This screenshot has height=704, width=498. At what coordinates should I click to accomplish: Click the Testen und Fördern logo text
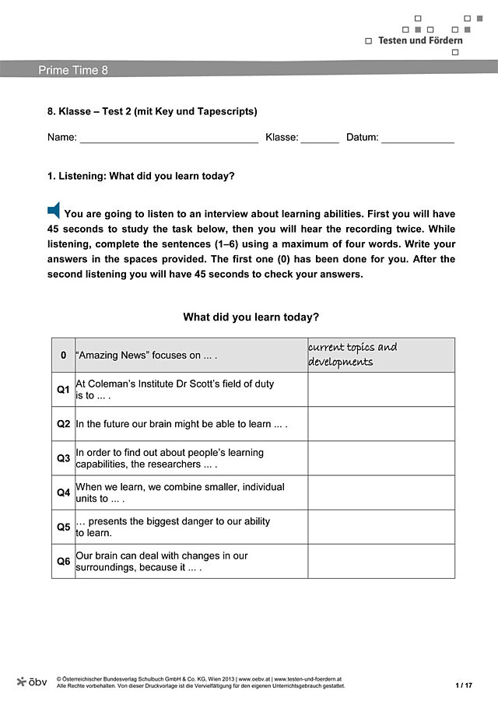pos(420,40)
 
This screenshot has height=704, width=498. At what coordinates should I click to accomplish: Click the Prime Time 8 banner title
pos(73,70)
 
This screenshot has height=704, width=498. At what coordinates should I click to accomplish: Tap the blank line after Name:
pos(169,138)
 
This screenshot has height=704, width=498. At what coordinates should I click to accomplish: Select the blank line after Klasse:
pos(319,138)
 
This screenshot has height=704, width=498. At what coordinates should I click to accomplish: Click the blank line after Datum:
pos(417,138)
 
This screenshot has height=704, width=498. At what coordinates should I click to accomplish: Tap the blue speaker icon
pos(54,209)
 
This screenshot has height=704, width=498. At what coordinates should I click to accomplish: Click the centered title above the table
pos(251,317)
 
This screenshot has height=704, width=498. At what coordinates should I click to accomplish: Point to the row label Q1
pos(64,390)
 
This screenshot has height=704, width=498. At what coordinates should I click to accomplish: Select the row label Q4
pos(64,492)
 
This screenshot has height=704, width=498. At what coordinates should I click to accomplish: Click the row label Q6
pos(64,561)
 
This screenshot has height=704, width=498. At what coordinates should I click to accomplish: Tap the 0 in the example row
pos(64,356)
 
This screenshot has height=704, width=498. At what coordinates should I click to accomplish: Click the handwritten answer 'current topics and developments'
pos(352,355)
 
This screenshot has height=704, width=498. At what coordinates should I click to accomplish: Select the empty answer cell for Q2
pos(381,424)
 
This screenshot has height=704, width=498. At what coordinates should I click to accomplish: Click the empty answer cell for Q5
pos(381,527)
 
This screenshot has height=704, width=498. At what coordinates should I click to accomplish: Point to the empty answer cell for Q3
pos(381,458)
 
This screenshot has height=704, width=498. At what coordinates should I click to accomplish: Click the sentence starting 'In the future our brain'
pos(181,425)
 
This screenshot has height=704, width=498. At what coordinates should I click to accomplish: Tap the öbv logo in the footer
pos(32,681)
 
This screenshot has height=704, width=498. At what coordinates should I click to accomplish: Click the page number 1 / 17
pos(464,685)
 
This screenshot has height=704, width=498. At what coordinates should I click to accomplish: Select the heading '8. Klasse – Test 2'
pos(152,111)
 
